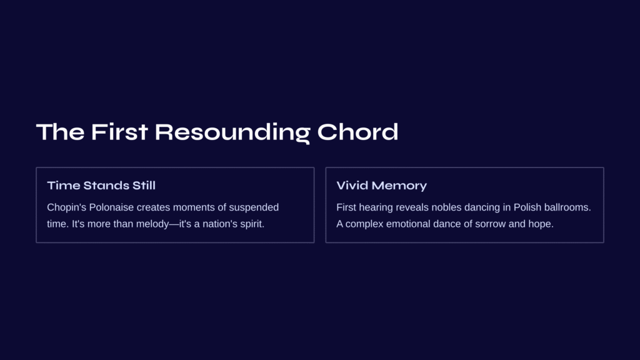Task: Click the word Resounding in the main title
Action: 232,132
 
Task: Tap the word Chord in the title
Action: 357,132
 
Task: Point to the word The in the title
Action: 61,132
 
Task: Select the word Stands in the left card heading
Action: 106,185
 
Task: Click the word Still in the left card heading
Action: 144,185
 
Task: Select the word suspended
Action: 254,207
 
